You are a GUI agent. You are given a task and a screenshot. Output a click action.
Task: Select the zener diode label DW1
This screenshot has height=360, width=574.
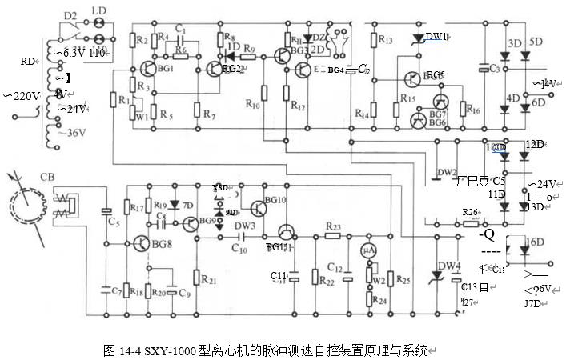tap(436, 37)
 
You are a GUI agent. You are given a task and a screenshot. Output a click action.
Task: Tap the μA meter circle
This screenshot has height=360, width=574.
tap(369, 250)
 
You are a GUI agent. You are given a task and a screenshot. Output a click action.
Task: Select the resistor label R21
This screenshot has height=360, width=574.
tap(207, 280)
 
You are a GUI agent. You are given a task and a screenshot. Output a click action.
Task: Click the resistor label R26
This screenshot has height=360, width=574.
tap(471, 212)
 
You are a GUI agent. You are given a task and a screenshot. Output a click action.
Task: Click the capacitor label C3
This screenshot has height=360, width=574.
tap(494, 70)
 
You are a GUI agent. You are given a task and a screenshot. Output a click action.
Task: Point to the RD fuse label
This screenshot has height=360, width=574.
tap(28, 60)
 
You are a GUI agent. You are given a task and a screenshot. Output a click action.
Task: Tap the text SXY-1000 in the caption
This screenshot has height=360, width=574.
tap(168, 350)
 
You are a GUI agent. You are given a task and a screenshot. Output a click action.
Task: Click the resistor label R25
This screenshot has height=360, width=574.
tap(403, 280)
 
